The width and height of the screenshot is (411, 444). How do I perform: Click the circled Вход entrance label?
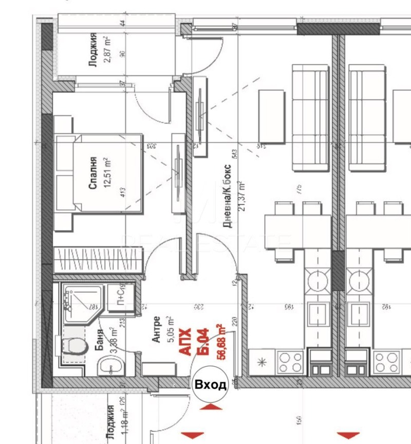pos(210,385)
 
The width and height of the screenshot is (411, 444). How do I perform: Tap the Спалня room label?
pos(92,173)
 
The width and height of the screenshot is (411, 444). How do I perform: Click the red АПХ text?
pos(186,341)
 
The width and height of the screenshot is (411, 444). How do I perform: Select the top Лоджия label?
pos(93,50)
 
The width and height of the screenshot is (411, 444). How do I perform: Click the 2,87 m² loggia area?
pos(107,50)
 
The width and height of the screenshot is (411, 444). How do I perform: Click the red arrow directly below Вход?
pos(211,407)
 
